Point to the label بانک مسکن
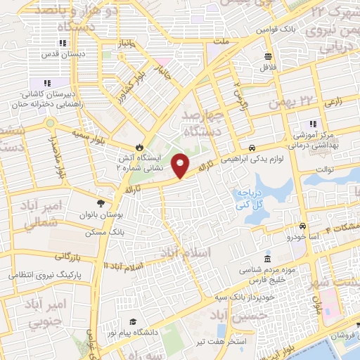pyautogui.click(x=104, y=231)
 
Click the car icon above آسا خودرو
pyautogui.click(x=302, y=226)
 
